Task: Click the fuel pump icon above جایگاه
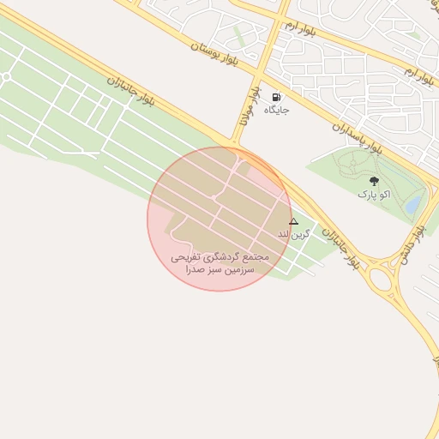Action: point(276,97)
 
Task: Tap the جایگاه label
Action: point(276,110)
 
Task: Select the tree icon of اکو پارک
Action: point(374,181)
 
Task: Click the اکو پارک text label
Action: point(374,195)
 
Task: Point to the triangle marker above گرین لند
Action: point(293,221)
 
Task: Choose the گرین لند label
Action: point(289,233)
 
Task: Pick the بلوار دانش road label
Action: point(411,246)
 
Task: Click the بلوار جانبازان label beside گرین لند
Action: point(340,249)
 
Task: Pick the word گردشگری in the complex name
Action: point(218,256)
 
